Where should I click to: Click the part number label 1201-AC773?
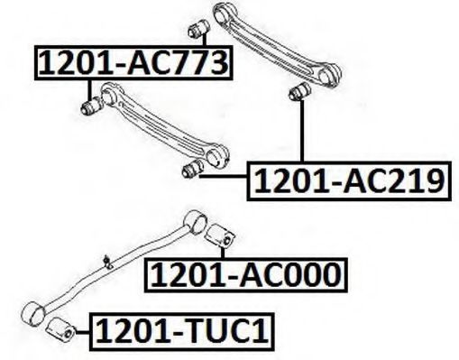tap(133, 63)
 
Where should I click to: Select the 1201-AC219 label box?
tap(349, 180)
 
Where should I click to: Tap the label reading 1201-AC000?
tap(246, 275)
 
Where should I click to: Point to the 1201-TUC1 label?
tap(182, 332)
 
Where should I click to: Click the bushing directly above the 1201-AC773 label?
tap(198, 29)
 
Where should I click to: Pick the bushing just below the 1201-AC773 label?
tap(92, 106)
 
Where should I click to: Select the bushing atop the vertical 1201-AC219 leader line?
tap(299, 92)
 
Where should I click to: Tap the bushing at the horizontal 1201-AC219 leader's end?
tap(193, 170)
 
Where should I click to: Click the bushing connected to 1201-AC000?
tap(219, 235)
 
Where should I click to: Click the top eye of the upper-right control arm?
tap(225, 12)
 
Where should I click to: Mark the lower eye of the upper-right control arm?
tap(329, 75)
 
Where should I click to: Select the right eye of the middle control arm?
tap(217, 156)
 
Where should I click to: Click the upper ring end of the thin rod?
tap(196, 222)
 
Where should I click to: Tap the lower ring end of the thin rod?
tap(33, 312)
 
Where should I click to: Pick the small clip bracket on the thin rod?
tap(107, 262)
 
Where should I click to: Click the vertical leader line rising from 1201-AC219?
tap(302, 131)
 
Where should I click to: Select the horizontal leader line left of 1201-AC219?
tap(223, 176)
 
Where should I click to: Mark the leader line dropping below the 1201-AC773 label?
tap(89, 90)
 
